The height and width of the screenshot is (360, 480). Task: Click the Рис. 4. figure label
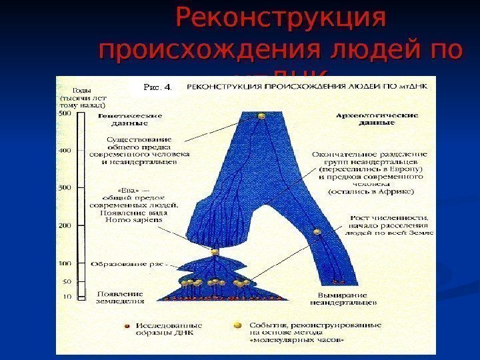158,86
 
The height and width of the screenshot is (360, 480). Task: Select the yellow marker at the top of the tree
262,117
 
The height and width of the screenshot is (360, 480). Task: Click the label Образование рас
129,265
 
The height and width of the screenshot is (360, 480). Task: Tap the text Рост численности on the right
389,218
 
